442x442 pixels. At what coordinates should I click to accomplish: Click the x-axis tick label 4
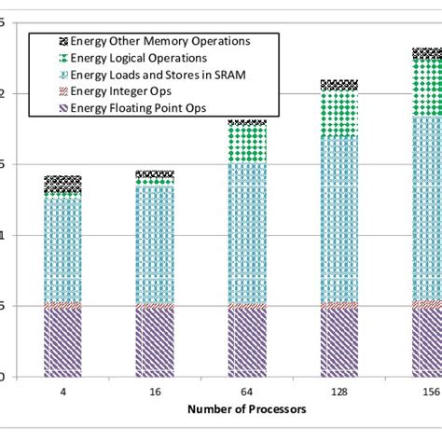(63, 393)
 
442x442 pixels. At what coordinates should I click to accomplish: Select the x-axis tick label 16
(155, 393)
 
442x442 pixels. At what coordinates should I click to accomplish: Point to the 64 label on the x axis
(247, 393)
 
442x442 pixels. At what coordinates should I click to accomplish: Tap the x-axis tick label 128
(338, 393)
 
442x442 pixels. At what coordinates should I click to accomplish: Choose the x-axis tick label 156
(427, 393)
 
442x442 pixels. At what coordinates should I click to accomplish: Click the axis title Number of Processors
(247, 409)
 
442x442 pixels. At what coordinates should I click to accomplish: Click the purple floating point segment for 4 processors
(63, 342)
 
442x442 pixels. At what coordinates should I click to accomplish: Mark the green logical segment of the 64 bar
(247, 145)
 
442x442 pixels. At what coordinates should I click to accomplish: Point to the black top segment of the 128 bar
(338, 85)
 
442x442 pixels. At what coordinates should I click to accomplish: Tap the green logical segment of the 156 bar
(427, 89)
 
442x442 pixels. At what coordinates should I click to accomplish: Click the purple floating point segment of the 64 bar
(247, 342)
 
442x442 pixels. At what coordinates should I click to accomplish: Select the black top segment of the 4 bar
(63, 182)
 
